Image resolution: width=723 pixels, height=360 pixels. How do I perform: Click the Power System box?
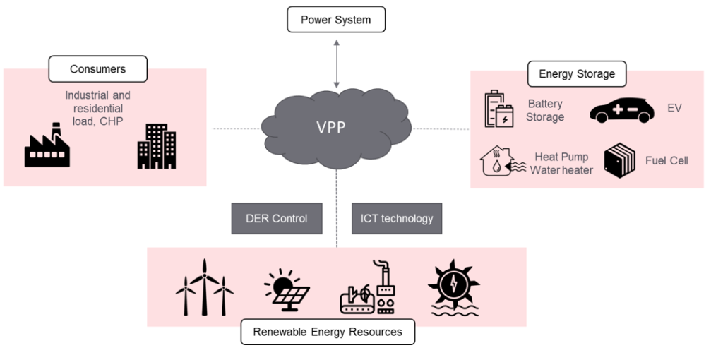[336, 20]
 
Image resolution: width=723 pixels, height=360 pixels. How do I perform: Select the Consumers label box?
[97, 69]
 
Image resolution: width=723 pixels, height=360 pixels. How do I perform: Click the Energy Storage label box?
[577, 73]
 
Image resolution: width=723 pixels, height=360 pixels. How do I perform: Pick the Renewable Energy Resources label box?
[328, 332]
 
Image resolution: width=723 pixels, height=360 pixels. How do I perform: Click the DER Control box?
[277, 218]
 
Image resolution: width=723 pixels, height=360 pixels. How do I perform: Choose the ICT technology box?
[397, 218]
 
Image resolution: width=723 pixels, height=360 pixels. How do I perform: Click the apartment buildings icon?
[156, 146]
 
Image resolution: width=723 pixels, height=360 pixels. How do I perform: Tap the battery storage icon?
[499, 109]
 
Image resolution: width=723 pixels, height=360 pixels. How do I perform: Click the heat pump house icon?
[501, 161]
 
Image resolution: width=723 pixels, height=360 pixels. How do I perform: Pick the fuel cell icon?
[619, 160]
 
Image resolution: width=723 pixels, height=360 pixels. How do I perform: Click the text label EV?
[675, 109]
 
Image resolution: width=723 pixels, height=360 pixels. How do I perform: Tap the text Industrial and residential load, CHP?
[97, 109]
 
